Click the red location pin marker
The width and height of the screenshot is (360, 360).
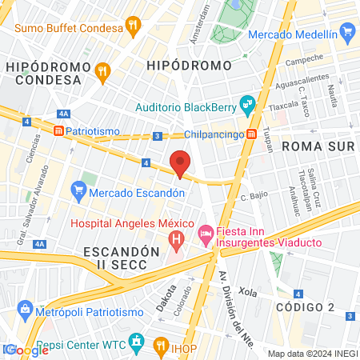181,162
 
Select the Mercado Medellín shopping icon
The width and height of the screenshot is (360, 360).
346,33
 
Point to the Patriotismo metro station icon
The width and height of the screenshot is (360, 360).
59,130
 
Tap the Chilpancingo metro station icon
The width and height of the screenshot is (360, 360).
251,134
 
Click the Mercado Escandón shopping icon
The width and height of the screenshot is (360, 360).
78,189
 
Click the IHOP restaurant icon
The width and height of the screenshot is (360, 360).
161,346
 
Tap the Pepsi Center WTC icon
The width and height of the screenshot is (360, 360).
137,345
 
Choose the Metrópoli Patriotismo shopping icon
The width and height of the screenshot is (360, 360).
25,309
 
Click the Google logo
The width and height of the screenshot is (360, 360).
26,350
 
